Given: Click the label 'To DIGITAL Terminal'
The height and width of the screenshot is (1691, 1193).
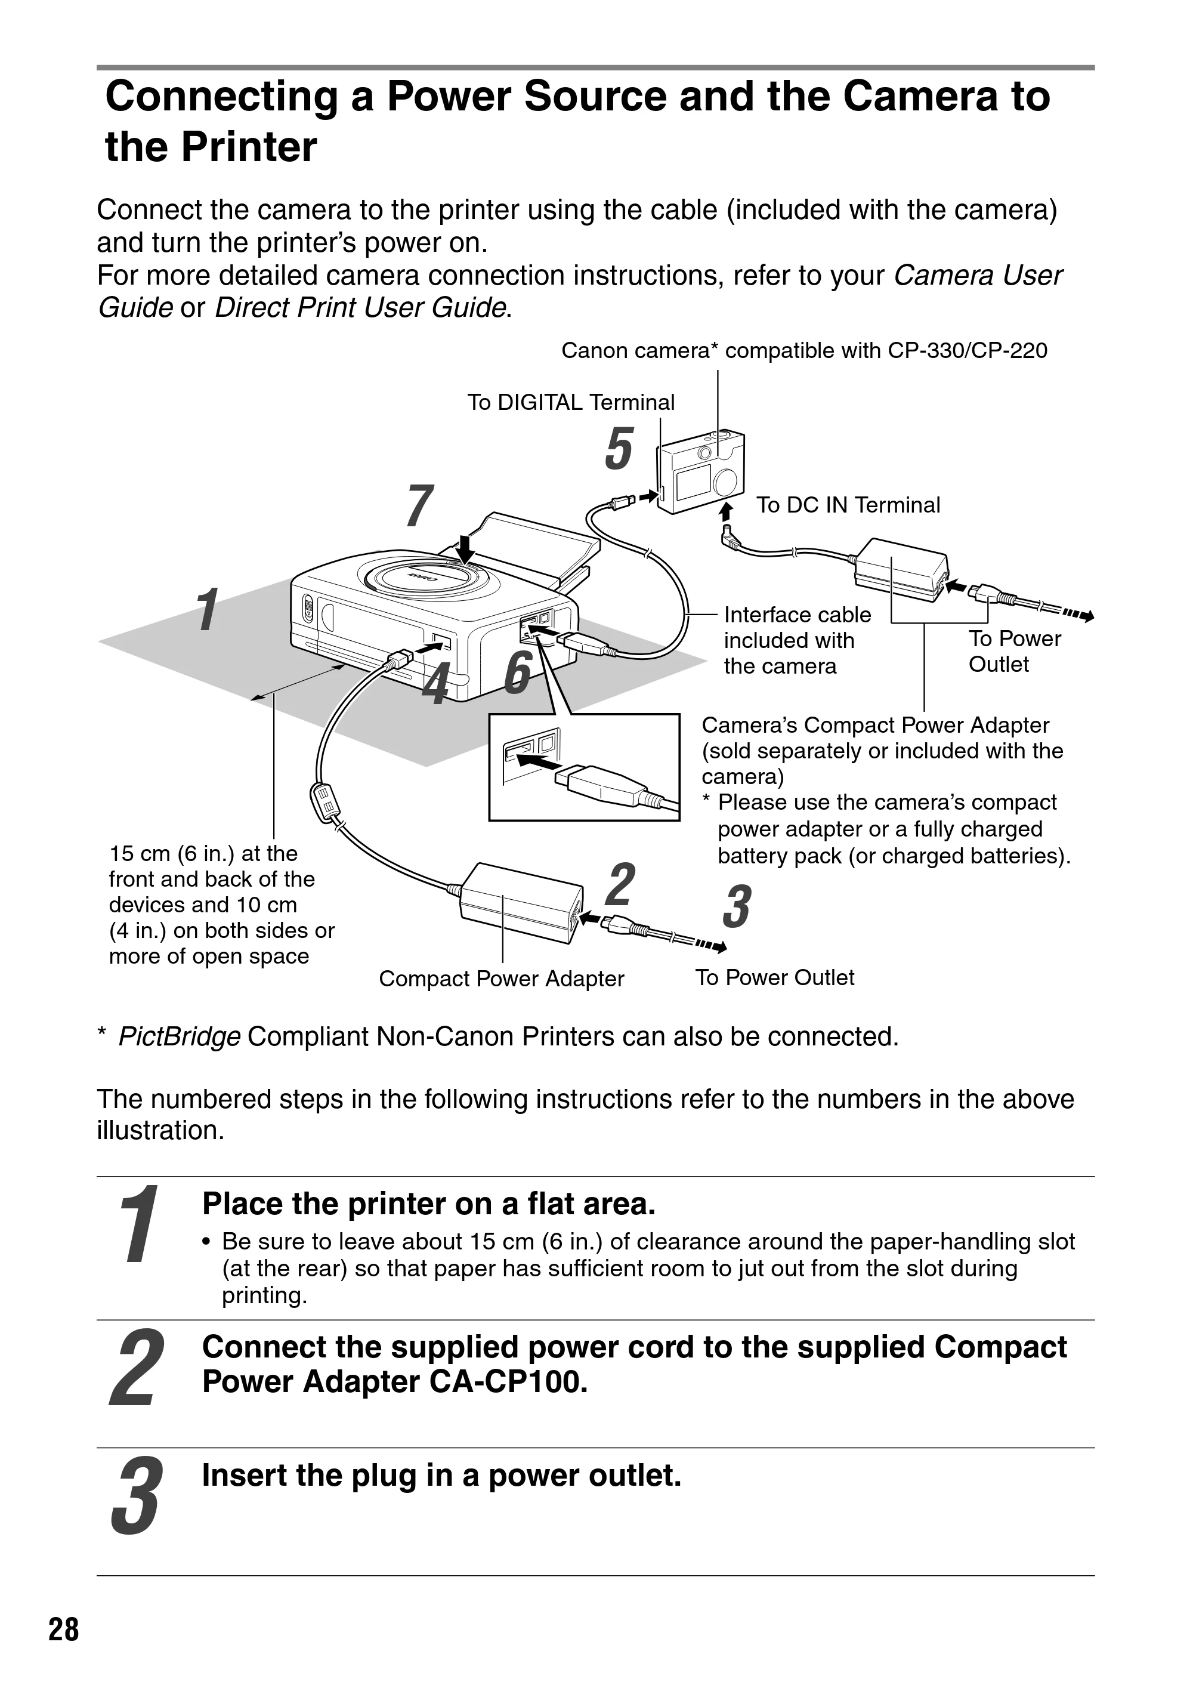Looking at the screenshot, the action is coord(571,402).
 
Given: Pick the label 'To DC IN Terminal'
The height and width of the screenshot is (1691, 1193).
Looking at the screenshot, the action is coord(848,505).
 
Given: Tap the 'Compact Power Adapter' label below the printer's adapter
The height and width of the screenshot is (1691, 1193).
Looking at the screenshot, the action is coord(502,978).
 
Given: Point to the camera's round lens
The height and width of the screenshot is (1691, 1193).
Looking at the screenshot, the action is coord(725,481).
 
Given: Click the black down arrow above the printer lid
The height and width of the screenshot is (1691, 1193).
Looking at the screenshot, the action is coord(465,550).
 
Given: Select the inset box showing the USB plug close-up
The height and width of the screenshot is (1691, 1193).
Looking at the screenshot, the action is coord(584,767).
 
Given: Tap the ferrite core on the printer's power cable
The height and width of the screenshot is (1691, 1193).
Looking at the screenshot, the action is coord(324,802).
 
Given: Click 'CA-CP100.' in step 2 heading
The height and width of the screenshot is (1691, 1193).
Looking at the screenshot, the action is coord(509,1383).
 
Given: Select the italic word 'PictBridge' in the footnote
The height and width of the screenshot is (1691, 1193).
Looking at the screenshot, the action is coord(179,1037).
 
